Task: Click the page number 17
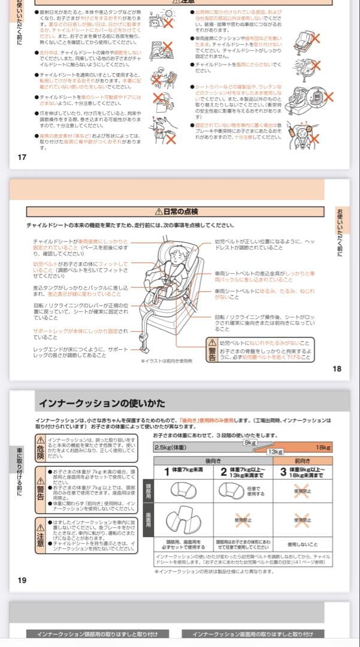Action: click(22, 158)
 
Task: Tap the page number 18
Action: click(337, 369)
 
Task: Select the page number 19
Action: click(22, 581)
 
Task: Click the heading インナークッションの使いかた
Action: click(102, 403)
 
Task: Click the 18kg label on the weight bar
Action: click(323, 447)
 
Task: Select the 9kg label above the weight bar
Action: click(250, 442)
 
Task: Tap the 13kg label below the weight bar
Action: click(275, 452)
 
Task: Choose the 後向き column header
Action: click(213, 461)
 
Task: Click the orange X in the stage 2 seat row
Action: click(242, 520)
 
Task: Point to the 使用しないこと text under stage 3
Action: click(302, 545)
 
